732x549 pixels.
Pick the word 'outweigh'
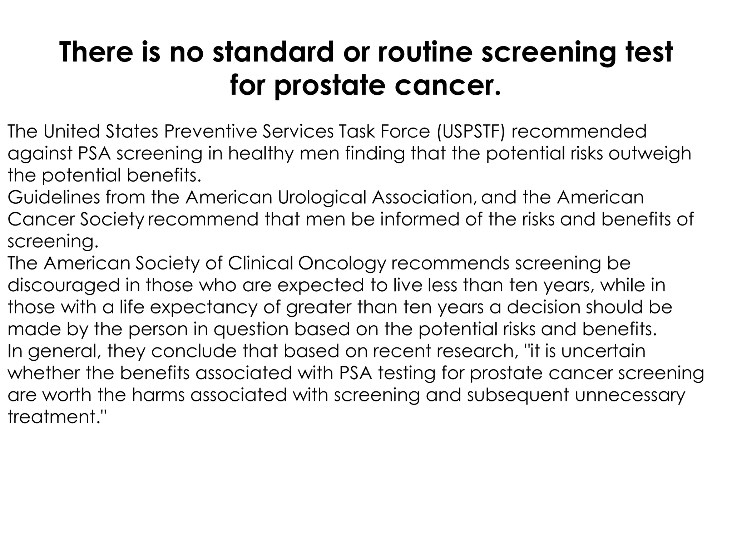pos(650,154)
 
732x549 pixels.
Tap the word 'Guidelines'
pos(54,197)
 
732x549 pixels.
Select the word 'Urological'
pos(322,198)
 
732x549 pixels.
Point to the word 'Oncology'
pos(342,264)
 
